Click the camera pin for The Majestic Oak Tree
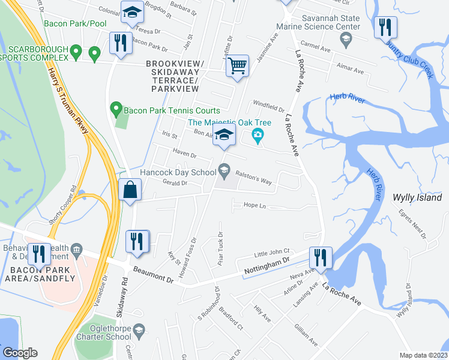[258, 134]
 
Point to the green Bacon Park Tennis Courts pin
[116, 110]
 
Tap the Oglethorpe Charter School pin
[139, 331]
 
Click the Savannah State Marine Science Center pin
[345, 40]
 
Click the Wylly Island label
[417, 197]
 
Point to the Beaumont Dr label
[153, 277]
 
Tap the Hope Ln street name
[255, 205]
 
